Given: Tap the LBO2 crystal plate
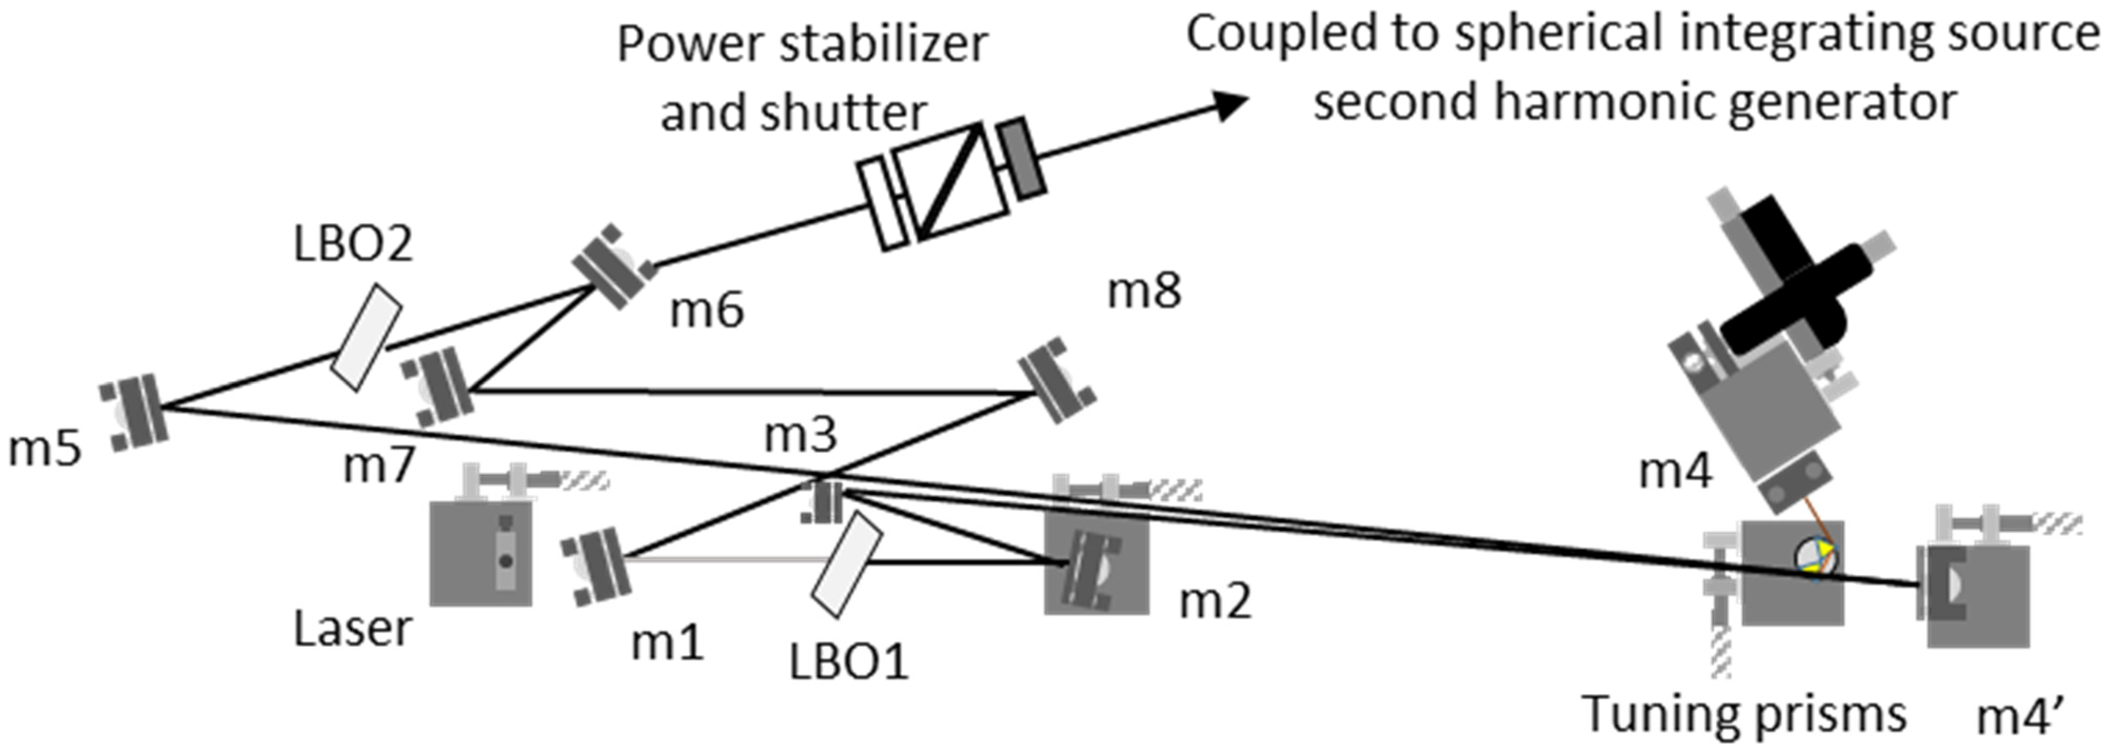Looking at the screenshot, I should click(366, 338).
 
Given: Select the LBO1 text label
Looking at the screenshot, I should click(849, 661).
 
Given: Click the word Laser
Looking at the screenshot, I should click(352, 629).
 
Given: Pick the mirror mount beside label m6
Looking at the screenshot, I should click(613, 267).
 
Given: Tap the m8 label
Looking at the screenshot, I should click(1144, 291).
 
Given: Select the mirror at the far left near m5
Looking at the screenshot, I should click(134, 411).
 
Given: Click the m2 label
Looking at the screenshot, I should click(1215, 601).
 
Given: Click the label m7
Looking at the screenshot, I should click(379, 466).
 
